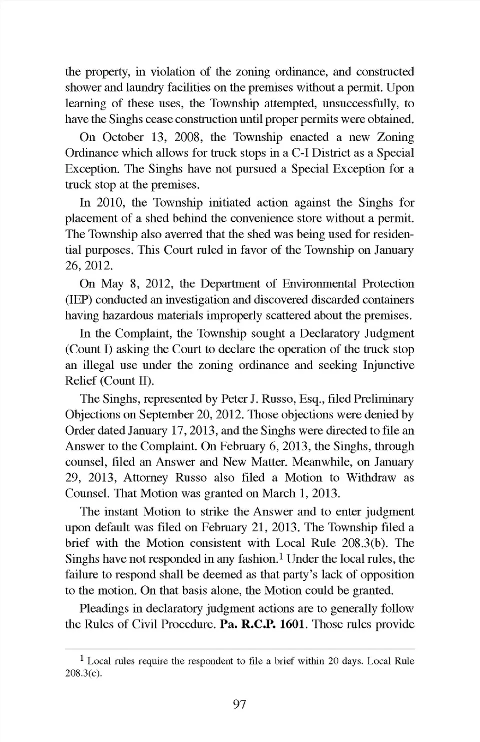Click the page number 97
(x=239, y=704)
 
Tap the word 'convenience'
(x=267, y=219)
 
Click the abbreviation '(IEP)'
(x=78, y=300)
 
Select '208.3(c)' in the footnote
(x=83, y=673)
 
